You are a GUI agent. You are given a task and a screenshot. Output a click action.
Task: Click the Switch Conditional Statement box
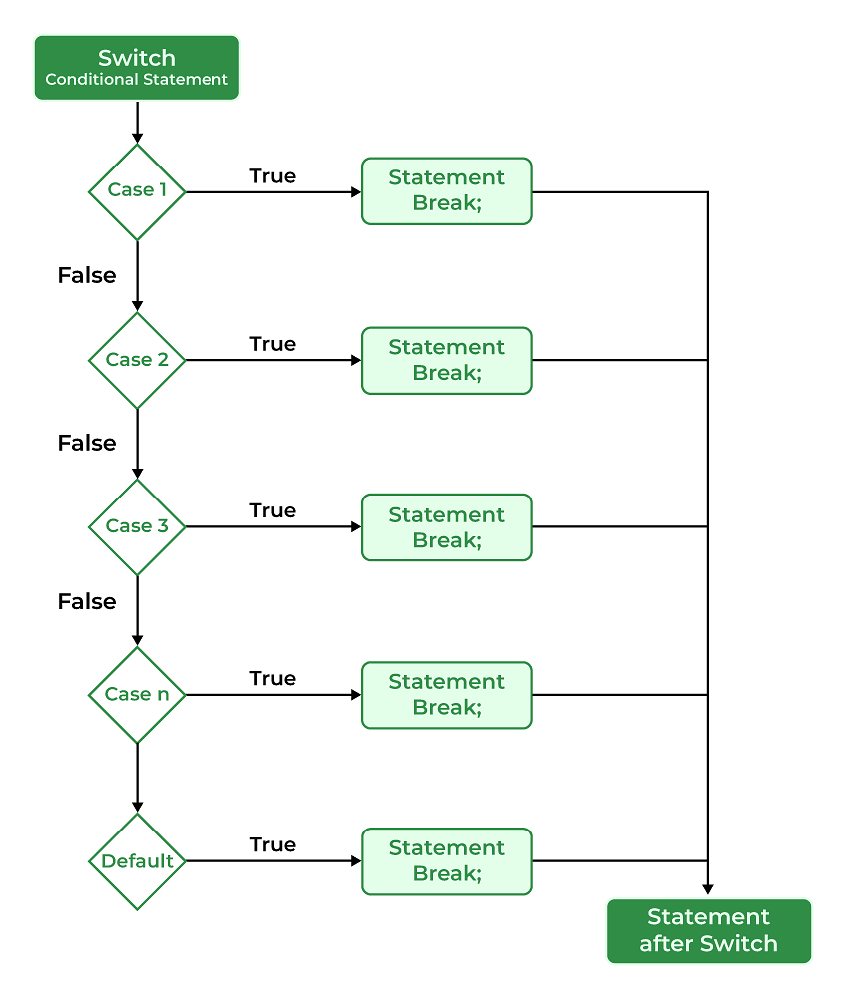137,68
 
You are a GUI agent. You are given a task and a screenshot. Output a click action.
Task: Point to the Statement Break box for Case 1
447,191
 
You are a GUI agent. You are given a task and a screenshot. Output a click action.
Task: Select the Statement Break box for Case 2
447,361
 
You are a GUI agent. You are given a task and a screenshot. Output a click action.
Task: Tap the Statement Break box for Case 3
447,527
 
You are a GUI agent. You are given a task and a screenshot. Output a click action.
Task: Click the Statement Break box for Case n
447,695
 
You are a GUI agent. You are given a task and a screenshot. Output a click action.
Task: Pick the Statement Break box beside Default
447,861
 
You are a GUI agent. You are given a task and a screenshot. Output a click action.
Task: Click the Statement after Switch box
708,931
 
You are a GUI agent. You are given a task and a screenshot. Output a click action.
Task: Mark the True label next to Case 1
272,176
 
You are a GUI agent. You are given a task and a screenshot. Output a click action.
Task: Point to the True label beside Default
272,845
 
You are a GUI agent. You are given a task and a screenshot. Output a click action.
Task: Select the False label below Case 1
87,275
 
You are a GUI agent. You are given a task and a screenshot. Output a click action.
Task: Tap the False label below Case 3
87,601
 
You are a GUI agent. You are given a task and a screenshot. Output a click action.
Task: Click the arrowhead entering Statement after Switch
708,889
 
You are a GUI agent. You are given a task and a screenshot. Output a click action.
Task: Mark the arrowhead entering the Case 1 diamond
137,138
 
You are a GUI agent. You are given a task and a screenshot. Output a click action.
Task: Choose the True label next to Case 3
272,510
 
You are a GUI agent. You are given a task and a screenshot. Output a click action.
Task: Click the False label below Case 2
87,443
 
